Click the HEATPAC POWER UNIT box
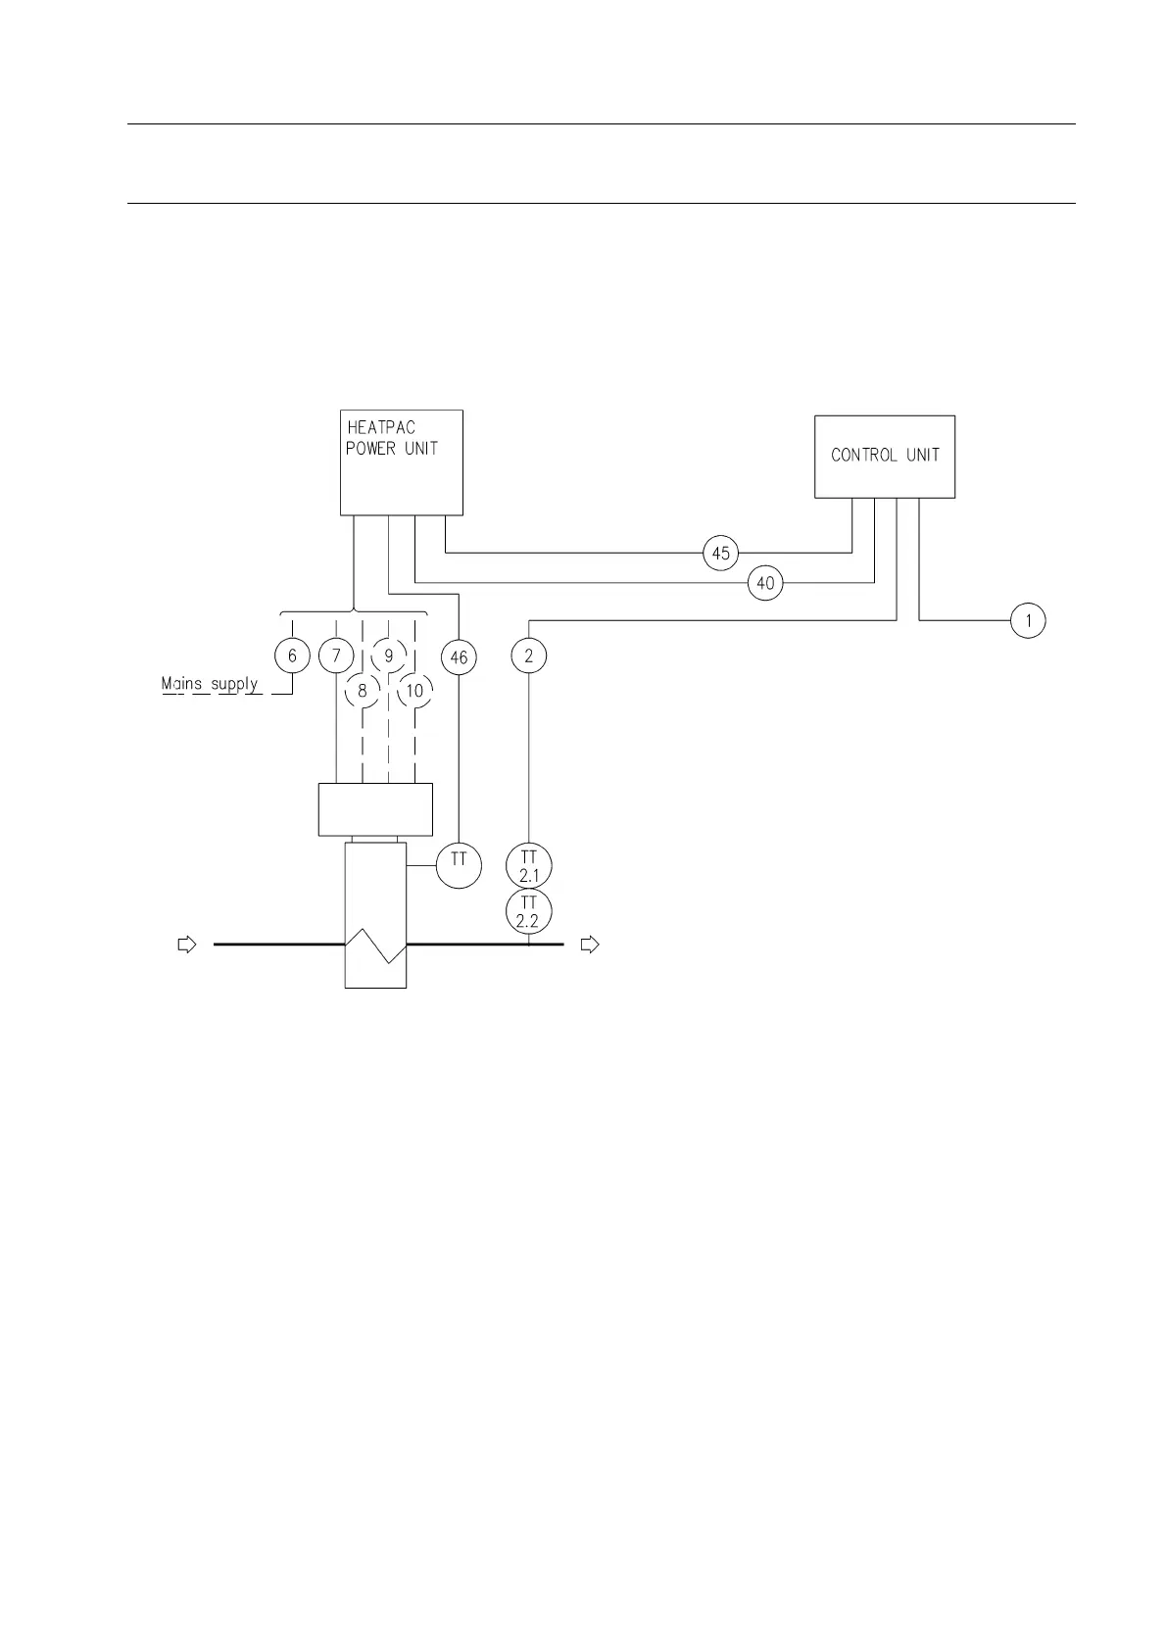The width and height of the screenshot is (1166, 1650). tap(401, 462)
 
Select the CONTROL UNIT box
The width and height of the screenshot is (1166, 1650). tap(885, 457)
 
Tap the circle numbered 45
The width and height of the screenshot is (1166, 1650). tap(720, 554)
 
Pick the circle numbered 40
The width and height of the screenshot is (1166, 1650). tap(765, 584)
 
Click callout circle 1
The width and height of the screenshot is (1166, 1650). tap(1028, 621)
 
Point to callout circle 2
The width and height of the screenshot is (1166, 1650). tap(529, 656)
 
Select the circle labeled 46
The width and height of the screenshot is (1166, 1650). tap(459, 657)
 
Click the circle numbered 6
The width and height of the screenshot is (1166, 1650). tap(292, 656)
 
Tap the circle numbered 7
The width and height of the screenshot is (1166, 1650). tap(336, 656)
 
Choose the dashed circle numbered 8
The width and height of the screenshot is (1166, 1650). tap(363, 691)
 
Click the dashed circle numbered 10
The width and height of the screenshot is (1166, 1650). tap(414, 691)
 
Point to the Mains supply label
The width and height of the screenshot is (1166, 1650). tap(211, 684)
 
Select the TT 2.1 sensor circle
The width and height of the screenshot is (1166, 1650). tap(529, 866)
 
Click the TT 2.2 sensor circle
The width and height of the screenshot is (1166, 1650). tap(529, 912)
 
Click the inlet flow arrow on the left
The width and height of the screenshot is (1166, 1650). tap(186, 945)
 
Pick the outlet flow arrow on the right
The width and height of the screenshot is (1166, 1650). tap(590, 945)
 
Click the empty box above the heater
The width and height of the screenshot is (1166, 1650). tap(375, 809)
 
